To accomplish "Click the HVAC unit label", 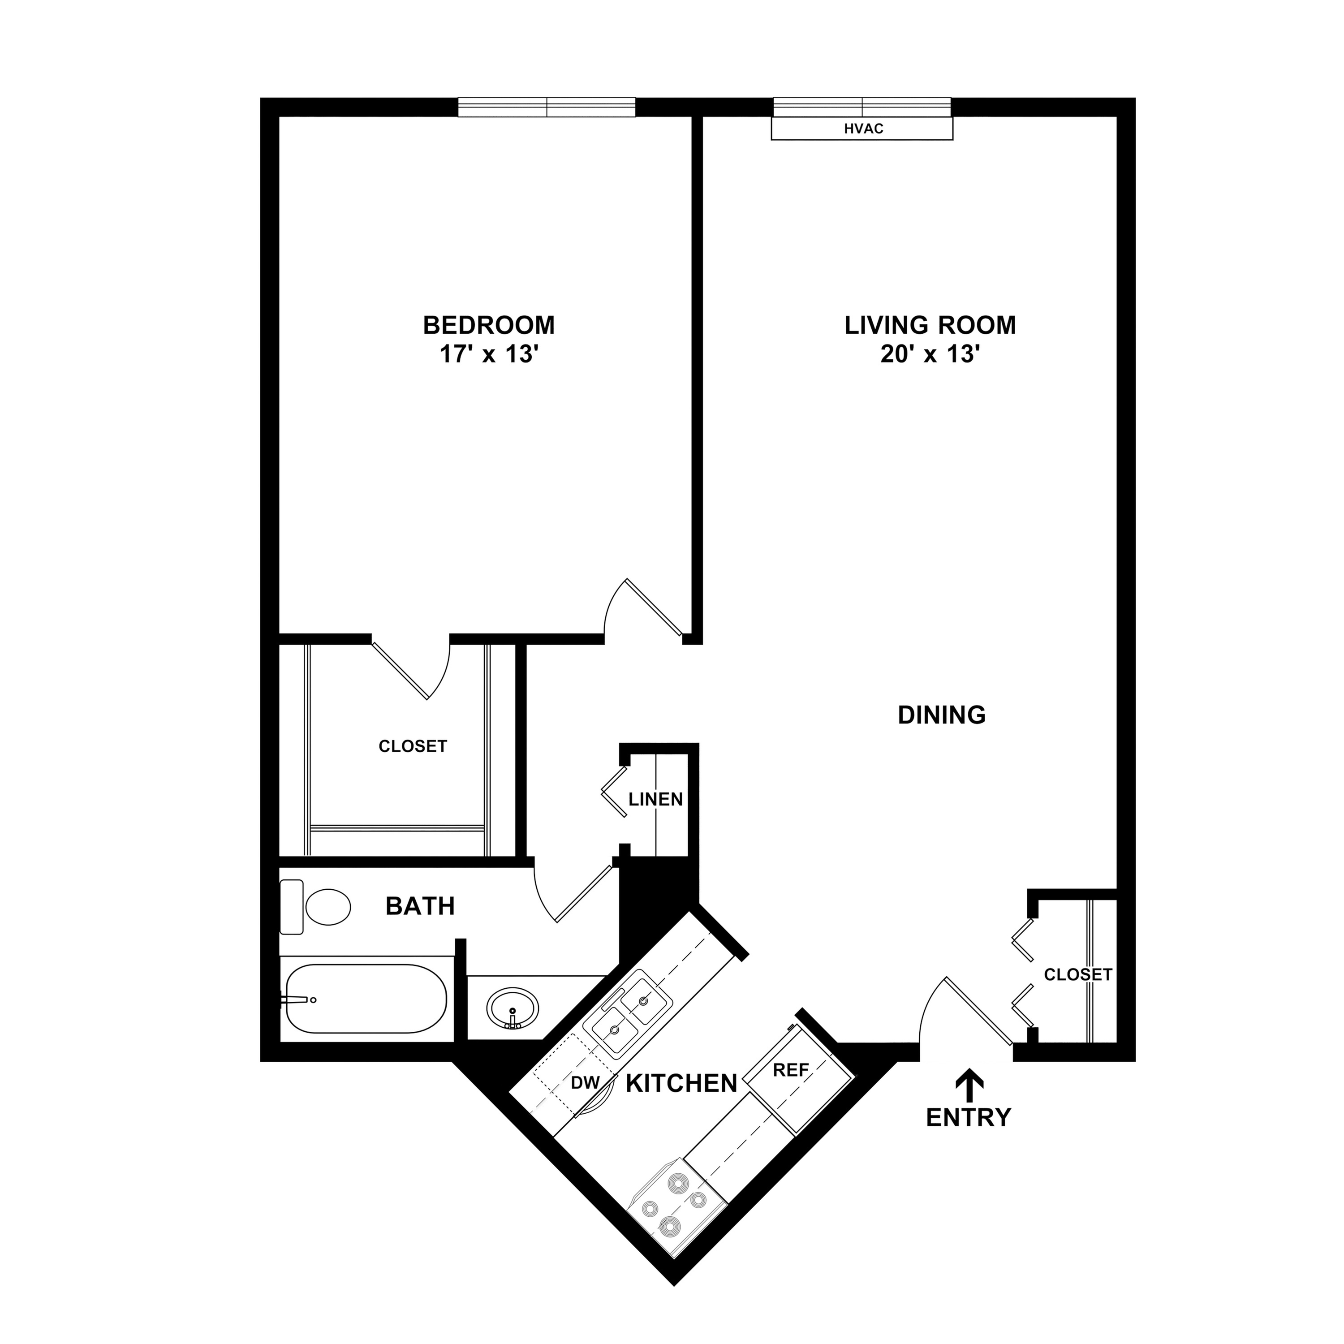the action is (863, 129).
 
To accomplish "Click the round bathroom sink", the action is (513, 1008).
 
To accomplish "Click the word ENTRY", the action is (968, 1118).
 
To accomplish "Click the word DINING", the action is (942, 715).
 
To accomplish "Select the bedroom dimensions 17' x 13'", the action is (490, 355).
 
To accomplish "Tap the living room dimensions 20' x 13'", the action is (930, 355).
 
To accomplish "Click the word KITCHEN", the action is (682, 1083).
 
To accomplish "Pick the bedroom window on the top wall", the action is (547, 107).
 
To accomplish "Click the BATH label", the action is (420, 906).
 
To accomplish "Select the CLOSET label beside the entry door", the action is (1078, 974).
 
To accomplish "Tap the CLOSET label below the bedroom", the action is (413, 746).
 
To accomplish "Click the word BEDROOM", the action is (489, 325).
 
